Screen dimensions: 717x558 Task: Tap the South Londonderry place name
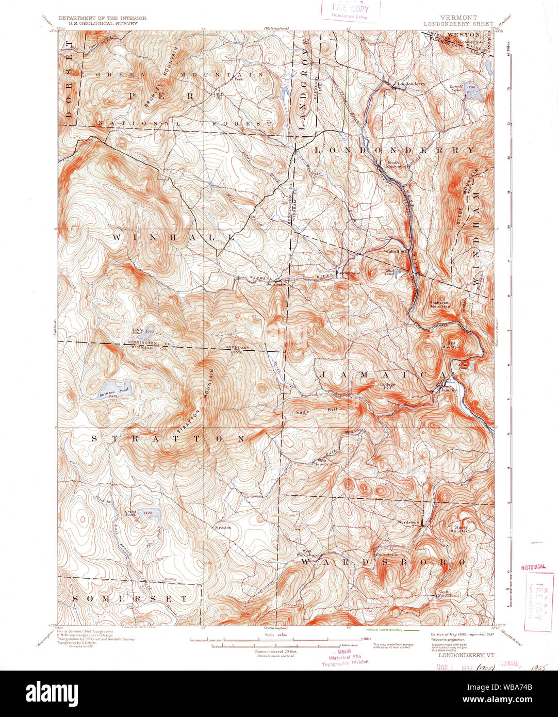(x=399, y=165)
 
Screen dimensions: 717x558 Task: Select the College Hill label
(x=387, y=386)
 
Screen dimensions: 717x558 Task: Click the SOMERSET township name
(x=130, y=599)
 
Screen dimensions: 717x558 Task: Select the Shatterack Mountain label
(x=440, y=304)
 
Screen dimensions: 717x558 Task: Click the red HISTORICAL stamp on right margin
(x=533, y=566)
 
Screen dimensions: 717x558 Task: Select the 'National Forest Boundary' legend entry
(x=385, y=630)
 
